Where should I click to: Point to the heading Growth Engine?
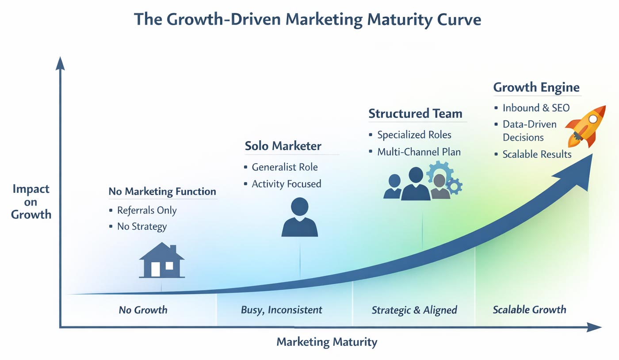[536, 87]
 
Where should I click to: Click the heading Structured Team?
[415, 114]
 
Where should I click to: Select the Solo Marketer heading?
[283, 146]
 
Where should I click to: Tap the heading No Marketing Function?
[162, 191]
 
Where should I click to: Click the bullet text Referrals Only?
[147, 211]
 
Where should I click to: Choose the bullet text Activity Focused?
[286, 184]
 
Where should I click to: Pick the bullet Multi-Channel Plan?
[419, 152]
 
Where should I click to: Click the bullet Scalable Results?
[537, 154]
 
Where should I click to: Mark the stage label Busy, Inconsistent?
[282, 310]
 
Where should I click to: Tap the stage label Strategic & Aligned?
[414, 310]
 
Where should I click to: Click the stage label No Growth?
[143, 310]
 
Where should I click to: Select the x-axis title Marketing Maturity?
[327, 342]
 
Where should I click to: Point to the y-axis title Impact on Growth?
[31, 202]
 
